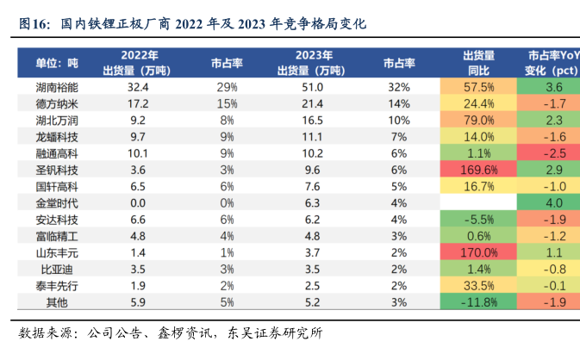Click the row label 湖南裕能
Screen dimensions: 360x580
pos(56,87)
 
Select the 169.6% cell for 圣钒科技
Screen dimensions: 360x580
pos(478,170)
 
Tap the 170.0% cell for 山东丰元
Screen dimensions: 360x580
pos(478,252)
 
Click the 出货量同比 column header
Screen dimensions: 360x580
pos(478,63)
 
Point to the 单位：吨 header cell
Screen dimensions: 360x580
pos(56,63)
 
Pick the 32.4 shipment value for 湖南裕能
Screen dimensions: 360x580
pos(138,87)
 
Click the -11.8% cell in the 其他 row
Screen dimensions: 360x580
pos(478,301)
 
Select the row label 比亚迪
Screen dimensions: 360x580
pos(56,269)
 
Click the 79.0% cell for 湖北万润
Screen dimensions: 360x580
pos(478,120)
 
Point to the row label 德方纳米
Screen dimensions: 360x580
pos(56,103)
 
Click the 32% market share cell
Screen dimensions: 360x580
pos(398,87)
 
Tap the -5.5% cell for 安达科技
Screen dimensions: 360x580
pos(478,220)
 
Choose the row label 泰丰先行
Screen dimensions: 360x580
pos(56,285)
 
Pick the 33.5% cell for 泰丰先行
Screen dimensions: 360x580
pos(478,285)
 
